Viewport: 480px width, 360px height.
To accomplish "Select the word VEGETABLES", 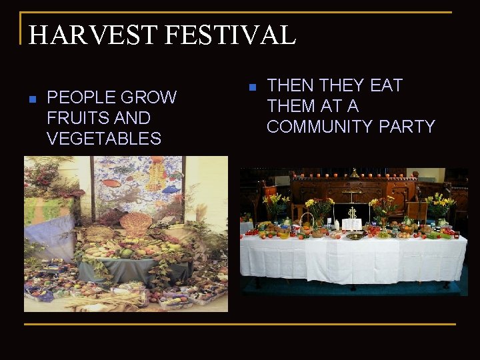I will tap(104, 139).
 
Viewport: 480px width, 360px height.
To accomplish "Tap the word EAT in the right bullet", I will tap(385, 86).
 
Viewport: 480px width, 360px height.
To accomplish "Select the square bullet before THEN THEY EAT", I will tap(251, 87).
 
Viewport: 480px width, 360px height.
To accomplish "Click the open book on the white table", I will tap(351, 224).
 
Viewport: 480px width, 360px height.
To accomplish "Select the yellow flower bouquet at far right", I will tap(440, 203).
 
